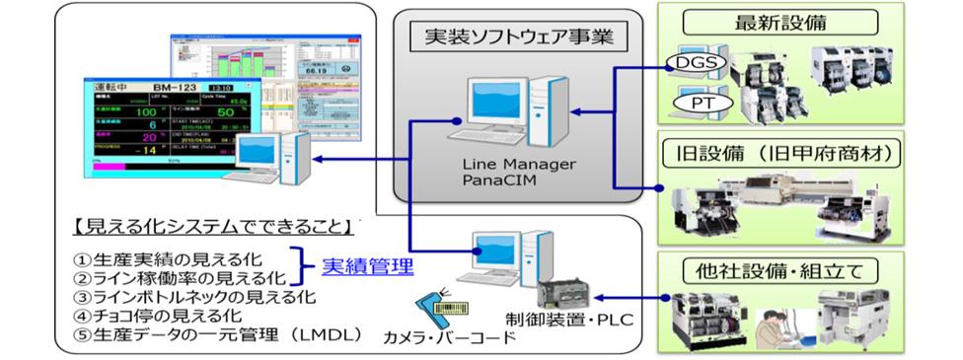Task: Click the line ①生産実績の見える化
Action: [163, 258]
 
